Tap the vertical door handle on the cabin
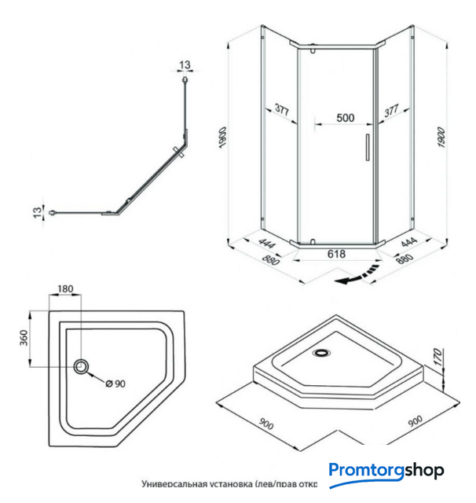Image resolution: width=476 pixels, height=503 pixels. tap(364, 147)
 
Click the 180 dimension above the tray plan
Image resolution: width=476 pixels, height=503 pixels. tap(65, 289)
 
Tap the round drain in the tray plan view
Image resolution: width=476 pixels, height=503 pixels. tap(82, 366)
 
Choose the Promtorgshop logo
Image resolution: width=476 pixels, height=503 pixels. tap(386, 471)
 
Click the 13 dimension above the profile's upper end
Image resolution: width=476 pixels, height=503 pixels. tap(185, 64)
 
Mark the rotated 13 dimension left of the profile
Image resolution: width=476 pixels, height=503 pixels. tap(37, 212)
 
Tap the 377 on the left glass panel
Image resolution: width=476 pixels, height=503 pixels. tap(281, 110)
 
